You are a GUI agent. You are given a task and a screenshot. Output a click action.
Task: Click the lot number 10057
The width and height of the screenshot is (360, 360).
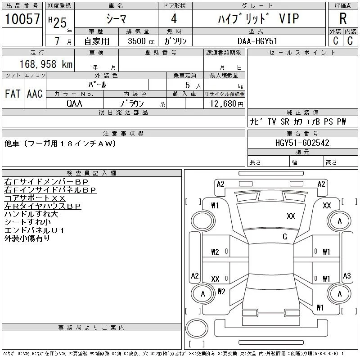pyautogui.click(x=22, y=18)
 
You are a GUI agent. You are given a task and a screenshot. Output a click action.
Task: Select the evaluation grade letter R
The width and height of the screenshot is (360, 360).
pyautogui.click(x=343, y=18)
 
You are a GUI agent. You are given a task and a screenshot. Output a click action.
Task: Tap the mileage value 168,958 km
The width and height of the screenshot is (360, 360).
pyautogui.click(x=46, y=64)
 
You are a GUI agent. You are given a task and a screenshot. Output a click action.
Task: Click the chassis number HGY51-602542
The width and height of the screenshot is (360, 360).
pyautogui.click(x=302, y=143)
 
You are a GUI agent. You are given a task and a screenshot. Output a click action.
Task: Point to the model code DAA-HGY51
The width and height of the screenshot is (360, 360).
pyautogui.click(x=257, y=41)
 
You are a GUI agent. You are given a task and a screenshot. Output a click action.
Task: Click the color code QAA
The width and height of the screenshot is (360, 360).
pyautogui.click(x=74, y=103)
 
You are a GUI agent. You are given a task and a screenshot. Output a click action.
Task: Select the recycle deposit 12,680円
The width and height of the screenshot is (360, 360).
pyautogui.click(x=227, y=104)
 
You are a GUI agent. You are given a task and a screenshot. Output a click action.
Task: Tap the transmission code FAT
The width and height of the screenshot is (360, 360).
pyautogui.click(x=13, y=94)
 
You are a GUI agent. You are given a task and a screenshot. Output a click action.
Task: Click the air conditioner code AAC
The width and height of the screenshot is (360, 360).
pyautogui.click(x=35, y=94)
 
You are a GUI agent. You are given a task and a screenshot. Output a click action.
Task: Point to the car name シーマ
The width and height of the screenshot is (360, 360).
pyautogui.click(x=116, y=18)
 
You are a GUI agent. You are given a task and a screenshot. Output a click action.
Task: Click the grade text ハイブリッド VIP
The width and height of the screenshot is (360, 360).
pyautogui.click(x=258, y=18)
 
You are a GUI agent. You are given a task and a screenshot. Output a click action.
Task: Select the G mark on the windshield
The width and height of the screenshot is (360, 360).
pyautogui.click(x=285, y=237)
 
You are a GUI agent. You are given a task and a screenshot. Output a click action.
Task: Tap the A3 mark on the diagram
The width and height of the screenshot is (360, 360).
pyautogui.click(x=346, y=275)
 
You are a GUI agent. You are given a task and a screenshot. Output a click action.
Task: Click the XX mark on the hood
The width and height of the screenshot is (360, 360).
pyautogui.click(x=291, y=216)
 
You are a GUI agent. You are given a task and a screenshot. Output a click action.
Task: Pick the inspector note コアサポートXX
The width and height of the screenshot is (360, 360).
pyautogui.click(x=35, y=198)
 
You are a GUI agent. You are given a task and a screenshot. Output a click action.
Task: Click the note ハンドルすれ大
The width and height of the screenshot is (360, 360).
pyautogui.click(x=31, y=214)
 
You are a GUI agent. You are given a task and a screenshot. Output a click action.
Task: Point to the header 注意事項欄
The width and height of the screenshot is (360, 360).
pyautogui.click(x=123, y=133)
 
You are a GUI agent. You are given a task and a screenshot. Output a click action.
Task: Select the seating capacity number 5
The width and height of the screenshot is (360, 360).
pyautogui.click(x=188, y=85)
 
